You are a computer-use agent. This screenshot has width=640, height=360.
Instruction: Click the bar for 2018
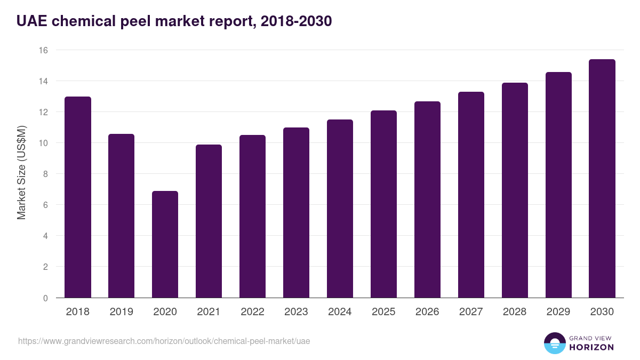78,197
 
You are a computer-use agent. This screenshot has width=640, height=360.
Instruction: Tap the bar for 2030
602,179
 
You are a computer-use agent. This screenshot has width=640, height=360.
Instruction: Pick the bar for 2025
383,204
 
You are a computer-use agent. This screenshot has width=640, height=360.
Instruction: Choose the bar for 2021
209,221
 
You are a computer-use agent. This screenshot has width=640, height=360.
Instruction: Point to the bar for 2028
515,190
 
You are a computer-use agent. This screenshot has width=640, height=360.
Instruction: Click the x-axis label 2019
121,312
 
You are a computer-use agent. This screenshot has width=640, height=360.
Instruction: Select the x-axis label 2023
296,312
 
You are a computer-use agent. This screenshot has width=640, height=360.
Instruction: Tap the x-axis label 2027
471,312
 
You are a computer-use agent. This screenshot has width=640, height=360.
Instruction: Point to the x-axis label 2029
558,312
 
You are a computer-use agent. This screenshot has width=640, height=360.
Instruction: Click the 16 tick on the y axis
43,50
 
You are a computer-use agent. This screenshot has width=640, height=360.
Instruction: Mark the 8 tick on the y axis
45,174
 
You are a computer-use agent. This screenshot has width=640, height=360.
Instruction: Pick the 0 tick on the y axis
45,298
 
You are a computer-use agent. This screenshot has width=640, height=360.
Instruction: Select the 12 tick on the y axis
43,112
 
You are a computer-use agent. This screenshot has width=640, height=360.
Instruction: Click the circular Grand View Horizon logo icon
555,343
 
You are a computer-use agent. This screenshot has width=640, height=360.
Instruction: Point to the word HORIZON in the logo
591,347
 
